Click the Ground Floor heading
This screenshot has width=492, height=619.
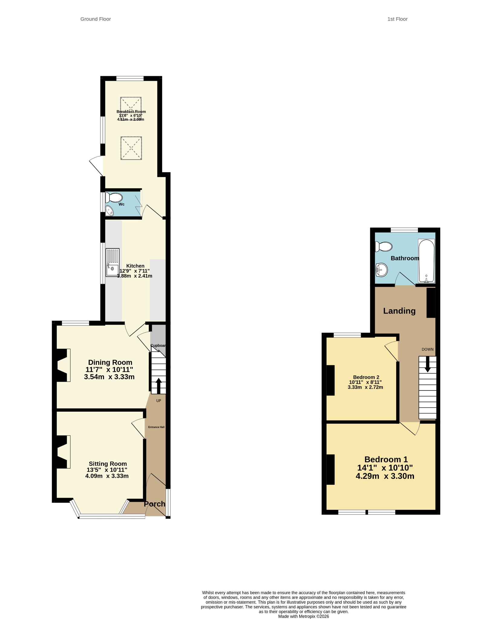point(96,19)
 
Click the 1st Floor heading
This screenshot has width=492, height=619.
point(397,19)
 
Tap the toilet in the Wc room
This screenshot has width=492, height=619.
point(114,198)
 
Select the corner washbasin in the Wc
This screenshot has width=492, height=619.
point(109,211)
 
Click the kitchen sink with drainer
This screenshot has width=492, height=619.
point(112,262)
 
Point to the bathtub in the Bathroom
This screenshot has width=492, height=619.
point(426,261)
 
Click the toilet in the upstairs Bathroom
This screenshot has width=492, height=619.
point(383,247)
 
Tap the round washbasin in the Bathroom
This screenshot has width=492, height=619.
point(381,270)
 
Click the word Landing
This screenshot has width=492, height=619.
point(399,311)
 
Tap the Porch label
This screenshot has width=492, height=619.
point(155,504)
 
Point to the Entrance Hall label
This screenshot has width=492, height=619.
point(156,427)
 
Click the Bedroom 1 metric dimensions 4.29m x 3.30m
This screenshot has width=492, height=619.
point(385,476)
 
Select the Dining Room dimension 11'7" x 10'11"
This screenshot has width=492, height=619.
point(109,369)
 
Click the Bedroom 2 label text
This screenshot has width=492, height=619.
point(366,377)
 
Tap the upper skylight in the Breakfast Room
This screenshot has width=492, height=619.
point(131,108)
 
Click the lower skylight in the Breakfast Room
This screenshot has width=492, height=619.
point(131,148)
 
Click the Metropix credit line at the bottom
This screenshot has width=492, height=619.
point(304,616)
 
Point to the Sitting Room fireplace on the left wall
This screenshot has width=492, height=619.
point(63,452)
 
